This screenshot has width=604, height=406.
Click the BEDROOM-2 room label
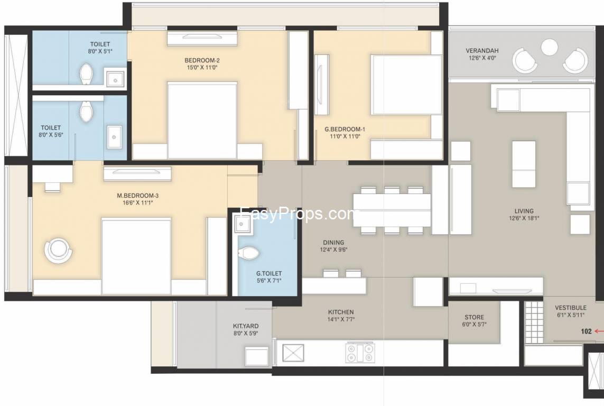(202, 60)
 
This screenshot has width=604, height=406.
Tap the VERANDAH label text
(482, 50)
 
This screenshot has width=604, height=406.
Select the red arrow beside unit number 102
(599, 331)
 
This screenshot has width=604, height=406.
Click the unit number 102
(586, 331)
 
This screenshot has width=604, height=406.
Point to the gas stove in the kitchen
(360, 353)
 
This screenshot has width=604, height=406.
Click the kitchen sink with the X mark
(293, 353)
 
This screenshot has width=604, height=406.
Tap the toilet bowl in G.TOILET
(248, 253)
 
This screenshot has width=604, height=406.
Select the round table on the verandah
(549, 48)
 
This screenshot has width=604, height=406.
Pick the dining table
(392, 210)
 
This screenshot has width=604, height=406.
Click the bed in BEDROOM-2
(202, 120)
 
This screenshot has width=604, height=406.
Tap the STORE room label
(474, 317)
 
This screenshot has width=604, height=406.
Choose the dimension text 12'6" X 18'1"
(524, 218)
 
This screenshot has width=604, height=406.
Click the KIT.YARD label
(246, 326)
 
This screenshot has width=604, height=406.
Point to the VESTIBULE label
(571, 308)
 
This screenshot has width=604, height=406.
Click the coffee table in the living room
(524, 164)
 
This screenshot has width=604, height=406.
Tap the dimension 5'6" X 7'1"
(269, 280)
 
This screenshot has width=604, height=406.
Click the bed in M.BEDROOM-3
(136, 256)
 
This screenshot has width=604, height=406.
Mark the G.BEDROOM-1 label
(345, 130)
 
